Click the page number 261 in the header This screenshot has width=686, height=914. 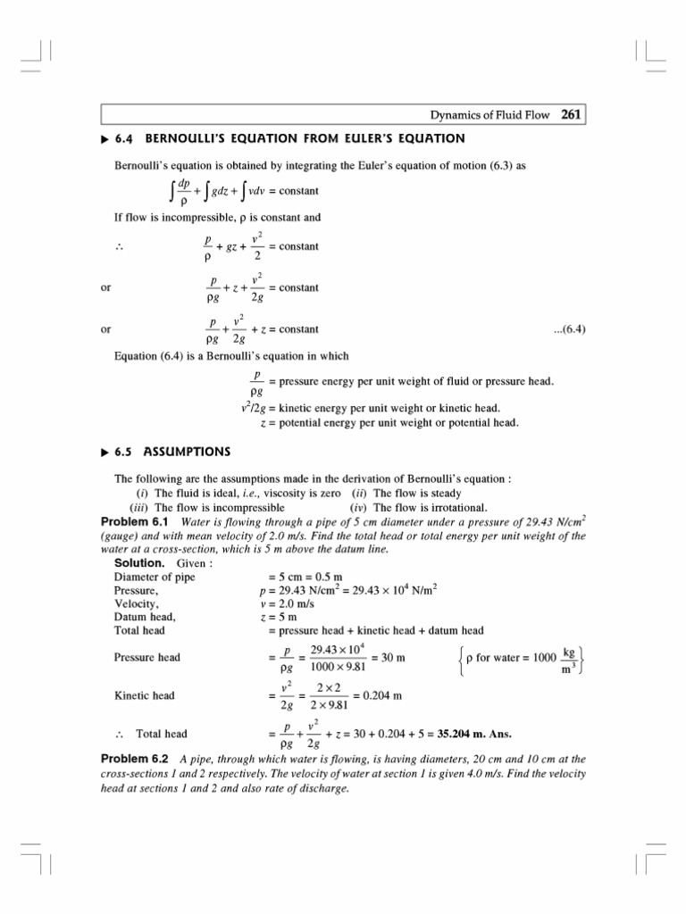[x=571, y=114]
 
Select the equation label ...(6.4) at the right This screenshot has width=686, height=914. [x=569, y=328]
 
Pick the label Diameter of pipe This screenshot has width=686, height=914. [x=155, y=577]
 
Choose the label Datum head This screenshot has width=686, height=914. [x=145, y=617]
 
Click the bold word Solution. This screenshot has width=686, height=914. [x=139, y=563]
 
